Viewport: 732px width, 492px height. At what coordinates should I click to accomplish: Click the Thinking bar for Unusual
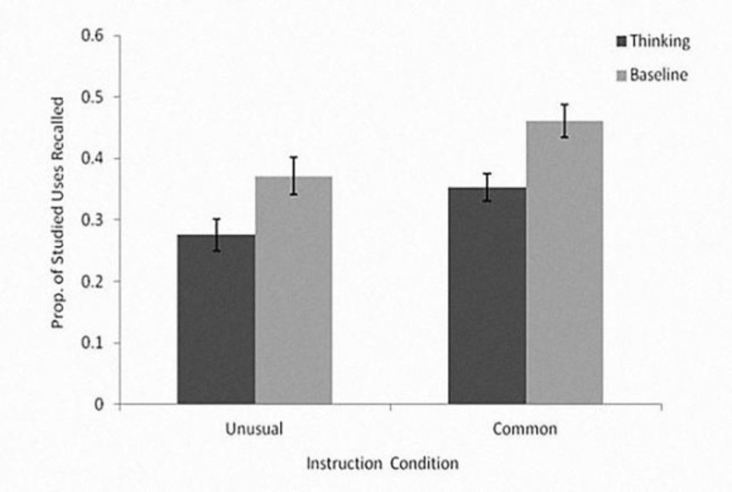click(x=216, y=319)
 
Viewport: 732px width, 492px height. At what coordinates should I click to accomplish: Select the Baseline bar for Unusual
click(x=293, y=290)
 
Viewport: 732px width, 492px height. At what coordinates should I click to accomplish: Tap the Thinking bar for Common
click(x=487, y=295)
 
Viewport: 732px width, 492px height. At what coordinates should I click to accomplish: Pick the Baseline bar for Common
click(x=563, y=262)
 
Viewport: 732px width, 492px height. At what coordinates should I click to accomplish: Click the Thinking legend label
click(x=660, y=41)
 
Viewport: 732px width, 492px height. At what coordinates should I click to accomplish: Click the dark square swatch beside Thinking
click(x=620, y=41)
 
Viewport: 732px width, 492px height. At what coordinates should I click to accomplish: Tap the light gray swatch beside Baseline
click(x=620, y=76)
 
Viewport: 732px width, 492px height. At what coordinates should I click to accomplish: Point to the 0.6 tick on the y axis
click(x=93, y=37)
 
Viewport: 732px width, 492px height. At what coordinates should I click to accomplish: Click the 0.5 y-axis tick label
click(x=93, y=98)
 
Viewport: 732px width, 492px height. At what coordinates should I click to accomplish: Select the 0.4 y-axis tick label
click(x=93, y=159)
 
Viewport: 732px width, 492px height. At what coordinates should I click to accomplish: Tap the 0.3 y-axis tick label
click(x=93, y=220)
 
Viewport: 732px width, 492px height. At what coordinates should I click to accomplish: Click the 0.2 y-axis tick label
click(x=93, y=282)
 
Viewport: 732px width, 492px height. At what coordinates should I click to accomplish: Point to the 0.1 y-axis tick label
click(x=93, y=343)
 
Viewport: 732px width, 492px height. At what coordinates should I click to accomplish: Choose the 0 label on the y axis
click(x=100, y=404)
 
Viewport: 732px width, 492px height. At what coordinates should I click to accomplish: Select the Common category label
click(x=525, y=428)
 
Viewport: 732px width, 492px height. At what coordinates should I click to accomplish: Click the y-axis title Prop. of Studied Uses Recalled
click(x=59, y=219)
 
